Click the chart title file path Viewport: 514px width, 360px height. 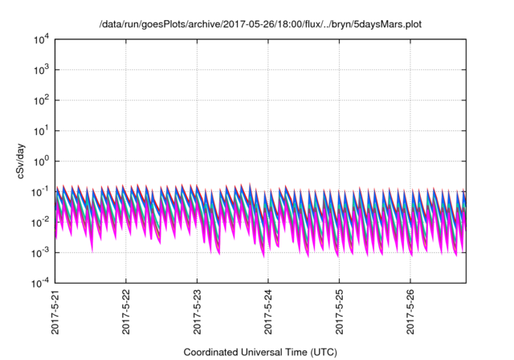(260, 24)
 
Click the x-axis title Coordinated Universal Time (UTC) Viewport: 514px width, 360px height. (260, 352)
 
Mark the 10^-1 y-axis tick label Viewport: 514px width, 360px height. (39, 191)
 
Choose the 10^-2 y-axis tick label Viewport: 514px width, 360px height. (39, 222)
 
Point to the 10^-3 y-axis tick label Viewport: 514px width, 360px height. (39, 252)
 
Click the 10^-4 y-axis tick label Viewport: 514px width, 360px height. (39, 283)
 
